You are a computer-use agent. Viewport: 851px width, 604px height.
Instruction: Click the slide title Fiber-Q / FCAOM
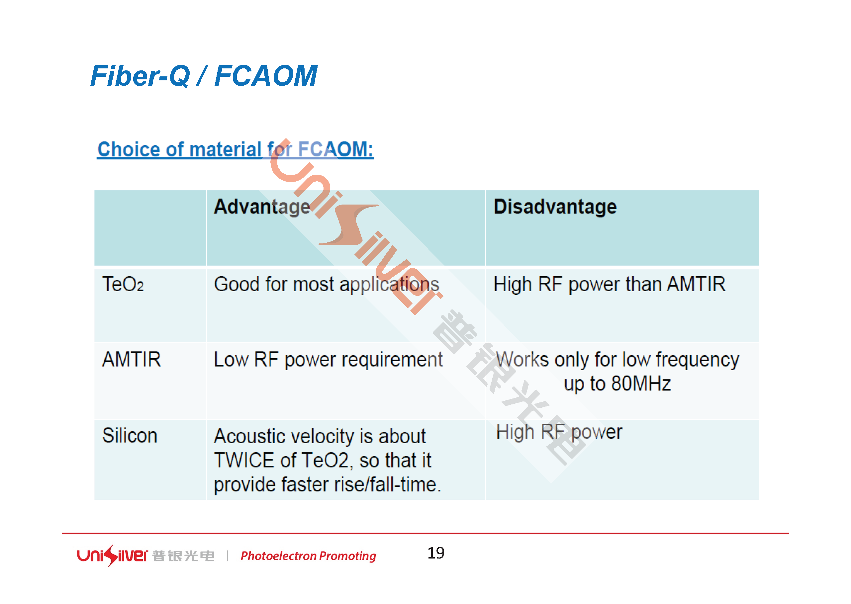(204, 76)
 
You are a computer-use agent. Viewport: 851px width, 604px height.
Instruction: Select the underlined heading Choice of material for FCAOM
(236, 150)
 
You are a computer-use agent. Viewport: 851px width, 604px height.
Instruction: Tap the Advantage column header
(262, 207)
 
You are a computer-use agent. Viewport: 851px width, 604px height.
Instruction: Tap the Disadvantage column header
(555, 207)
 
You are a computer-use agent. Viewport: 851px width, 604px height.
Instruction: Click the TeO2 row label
(123, 284)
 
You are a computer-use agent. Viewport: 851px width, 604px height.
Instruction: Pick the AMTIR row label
(132, 359)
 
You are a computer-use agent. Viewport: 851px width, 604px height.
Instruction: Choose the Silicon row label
(130, 436)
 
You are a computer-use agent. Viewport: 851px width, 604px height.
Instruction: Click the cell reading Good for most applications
(327, 285)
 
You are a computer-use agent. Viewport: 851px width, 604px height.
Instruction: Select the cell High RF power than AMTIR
(609, 285)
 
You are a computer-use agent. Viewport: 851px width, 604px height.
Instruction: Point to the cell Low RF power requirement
(328, 360)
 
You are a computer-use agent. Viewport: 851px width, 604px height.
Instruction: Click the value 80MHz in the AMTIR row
(641, 384)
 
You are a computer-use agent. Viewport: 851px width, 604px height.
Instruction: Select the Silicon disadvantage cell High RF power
(559, 433)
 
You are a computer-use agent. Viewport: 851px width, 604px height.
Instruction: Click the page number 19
(436, 553)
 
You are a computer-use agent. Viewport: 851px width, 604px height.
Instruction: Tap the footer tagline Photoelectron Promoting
(308, 556)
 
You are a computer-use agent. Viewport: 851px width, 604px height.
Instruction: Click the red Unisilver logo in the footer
(112, 556)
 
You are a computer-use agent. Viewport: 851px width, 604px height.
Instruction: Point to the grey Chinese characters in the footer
(183, 556)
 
